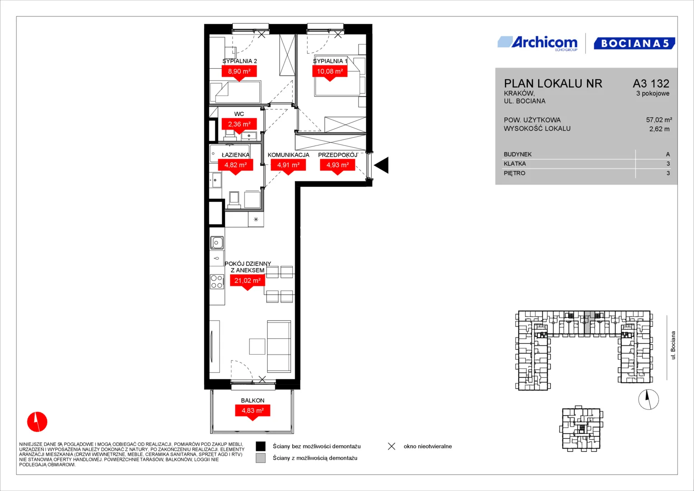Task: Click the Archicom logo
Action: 538,43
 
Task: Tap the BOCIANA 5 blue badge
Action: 634,43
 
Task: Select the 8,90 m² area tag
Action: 239,72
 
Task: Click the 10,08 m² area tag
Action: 330,72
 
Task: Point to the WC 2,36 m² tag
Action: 239,125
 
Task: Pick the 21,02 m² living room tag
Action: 247,281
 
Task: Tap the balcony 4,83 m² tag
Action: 253,411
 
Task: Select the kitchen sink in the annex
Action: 217,243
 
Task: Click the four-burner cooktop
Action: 217,281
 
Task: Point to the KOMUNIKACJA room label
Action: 289,155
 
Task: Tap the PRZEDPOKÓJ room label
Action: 338,155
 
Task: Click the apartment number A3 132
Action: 651,83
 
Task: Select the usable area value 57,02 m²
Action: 659,120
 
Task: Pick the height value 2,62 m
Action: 659,129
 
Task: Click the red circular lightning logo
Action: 37,421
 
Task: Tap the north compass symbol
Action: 649,399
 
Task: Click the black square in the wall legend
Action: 260,446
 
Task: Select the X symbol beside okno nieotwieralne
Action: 392,446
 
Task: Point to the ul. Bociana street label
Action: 673,346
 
